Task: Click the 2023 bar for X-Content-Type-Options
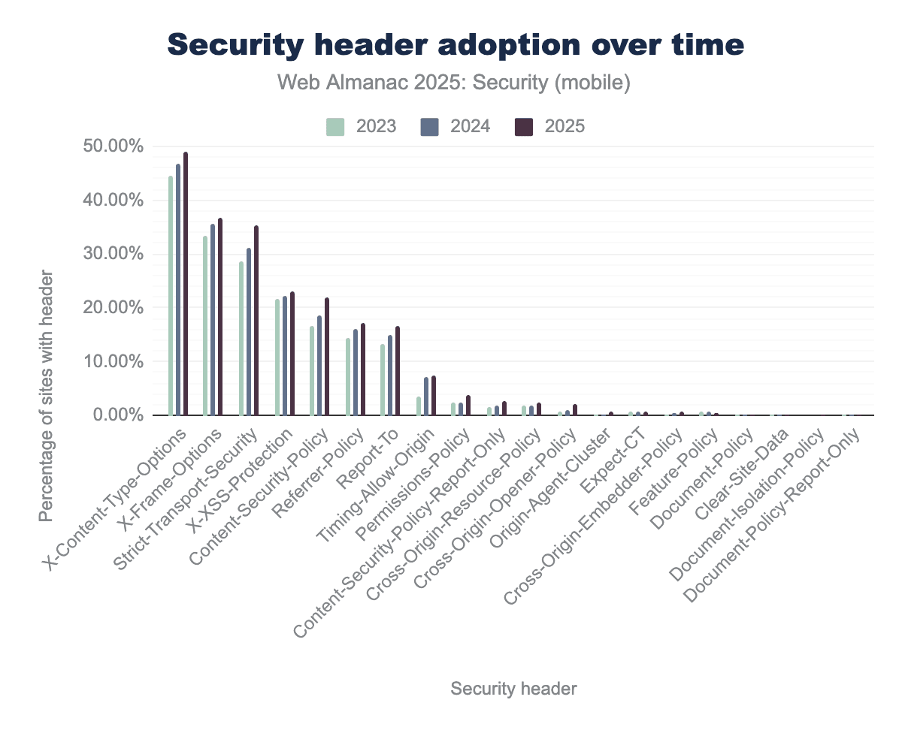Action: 171,296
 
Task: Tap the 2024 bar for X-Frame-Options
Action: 213,320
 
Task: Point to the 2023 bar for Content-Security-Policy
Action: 313,371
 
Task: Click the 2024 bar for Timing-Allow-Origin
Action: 426,397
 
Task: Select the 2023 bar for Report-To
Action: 383,380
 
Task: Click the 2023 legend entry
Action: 362,126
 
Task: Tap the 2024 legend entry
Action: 456,126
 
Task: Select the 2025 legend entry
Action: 549,126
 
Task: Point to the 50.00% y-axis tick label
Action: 111,146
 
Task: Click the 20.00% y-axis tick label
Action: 111,308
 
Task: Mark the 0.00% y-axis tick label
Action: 115,415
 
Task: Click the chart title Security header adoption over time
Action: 456,46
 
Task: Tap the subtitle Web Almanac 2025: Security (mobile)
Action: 454,83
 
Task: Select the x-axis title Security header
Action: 513,689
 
